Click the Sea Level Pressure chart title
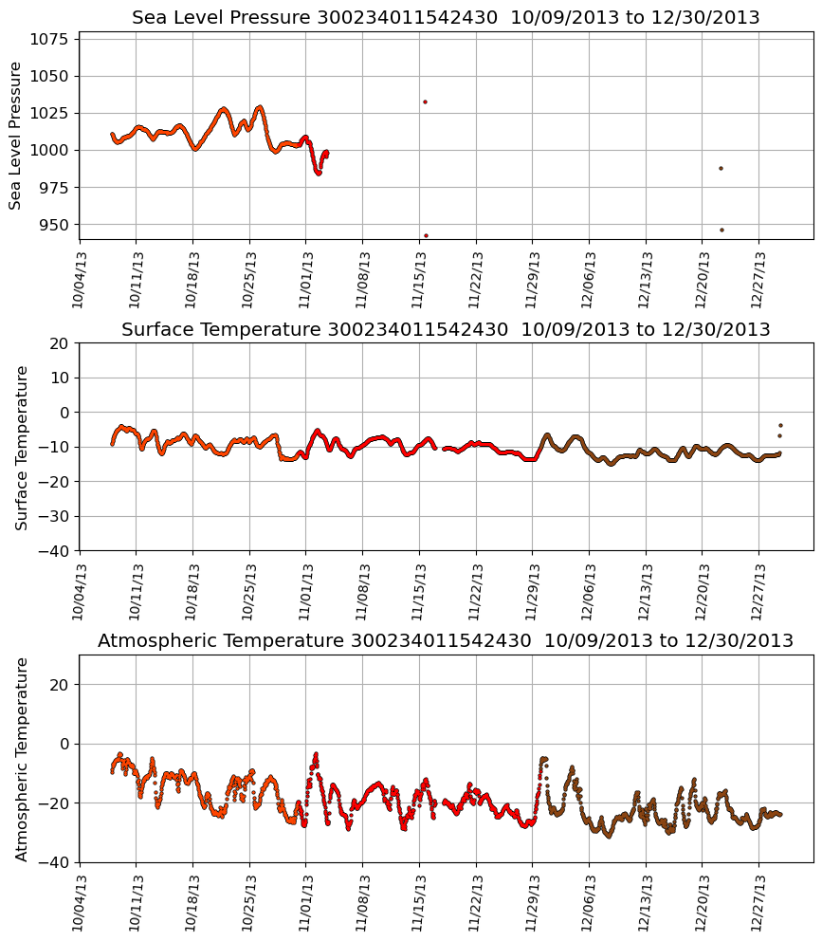click(446, 17)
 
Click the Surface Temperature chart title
click(446, 329)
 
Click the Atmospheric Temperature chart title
click(446, 640)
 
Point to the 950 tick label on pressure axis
click(55, 225)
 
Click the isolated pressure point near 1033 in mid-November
click(425, 101)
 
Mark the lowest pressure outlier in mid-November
click(426, 235)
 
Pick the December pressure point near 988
click(721, 168)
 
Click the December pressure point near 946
click(722, 230)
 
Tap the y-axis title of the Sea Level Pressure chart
click(16, 135)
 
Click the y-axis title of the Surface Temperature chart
click(22, 447)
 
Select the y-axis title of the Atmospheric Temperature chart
click(22, 758)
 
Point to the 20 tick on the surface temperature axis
click(59, 343)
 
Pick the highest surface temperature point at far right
click(780, 426)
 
